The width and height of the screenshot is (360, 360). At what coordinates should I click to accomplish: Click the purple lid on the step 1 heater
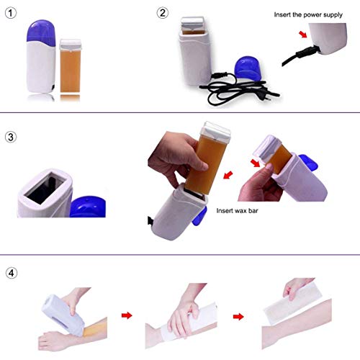pos(42,29)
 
